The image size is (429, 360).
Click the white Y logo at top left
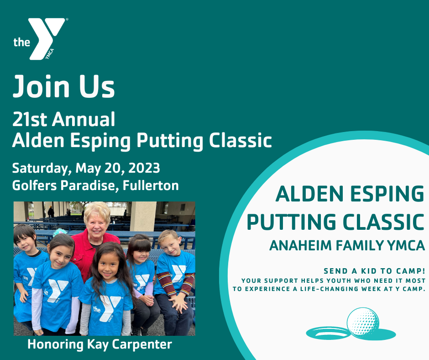pos(47,38)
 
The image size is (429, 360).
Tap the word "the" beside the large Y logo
pos(21,42)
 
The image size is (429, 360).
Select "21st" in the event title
pos(30,119)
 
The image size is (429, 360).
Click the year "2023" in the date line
pos(144,168)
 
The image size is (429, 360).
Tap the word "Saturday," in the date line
pos(42,169)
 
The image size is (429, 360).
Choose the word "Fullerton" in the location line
pos(151,185)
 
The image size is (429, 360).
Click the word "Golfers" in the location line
pos(35,185)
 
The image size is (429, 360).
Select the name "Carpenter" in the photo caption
pos(142,345)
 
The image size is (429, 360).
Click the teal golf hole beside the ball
pos(328,333)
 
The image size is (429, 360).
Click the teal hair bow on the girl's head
pos(60,232)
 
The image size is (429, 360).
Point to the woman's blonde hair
pos(97,211)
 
